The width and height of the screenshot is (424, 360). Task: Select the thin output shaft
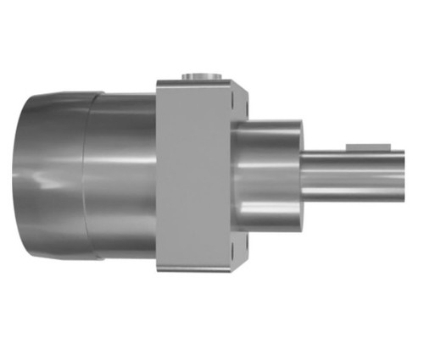(356, 174)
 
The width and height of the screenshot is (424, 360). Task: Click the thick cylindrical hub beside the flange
(267, 174)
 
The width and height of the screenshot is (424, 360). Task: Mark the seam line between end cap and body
(93, 174)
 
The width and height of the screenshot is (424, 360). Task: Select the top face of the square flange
(199, 84)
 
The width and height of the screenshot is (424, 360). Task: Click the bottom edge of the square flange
(199, 270)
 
